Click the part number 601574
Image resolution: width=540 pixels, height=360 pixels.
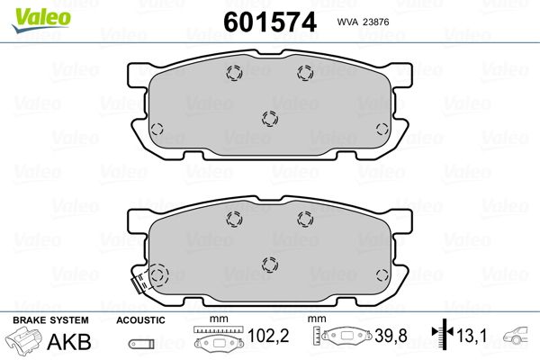tap(270, 22)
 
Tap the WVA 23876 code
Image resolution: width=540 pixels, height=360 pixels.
tap(363, 22)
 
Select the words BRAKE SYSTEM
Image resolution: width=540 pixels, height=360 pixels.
tap(50, 320)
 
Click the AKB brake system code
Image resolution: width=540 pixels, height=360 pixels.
tap(69, 341)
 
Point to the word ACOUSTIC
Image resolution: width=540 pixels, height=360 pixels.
tap(140, 320)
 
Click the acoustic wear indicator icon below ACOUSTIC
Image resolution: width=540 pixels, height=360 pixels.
tap(141, 344)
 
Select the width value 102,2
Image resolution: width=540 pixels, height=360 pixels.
tap(268, 336)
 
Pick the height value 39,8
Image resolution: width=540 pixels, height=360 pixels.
tap(391, 336)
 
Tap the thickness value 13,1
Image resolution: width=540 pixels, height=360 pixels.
tap(472, 336)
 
